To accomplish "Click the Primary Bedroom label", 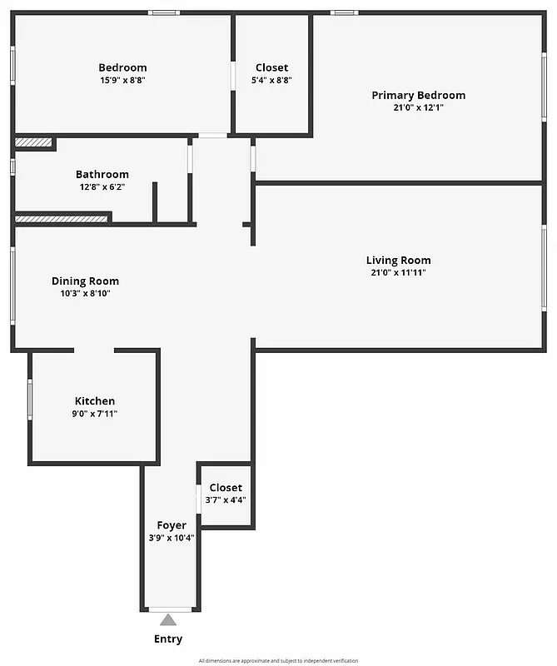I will pos(418,95).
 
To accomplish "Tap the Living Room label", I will pos(398,261).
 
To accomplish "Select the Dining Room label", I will pos(85,281).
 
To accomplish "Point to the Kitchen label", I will pos(95,401).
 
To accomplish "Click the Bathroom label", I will pos(102,175).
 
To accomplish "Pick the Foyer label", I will pos(172,525).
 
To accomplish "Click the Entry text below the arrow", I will pos(168,639).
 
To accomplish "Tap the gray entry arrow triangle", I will pos(168,619).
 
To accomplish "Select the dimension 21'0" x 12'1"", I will pos(418,107).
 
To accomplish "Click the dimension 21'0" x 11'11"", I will pos(398,273).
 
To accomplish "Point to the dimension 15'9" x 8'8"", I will pos(122,81).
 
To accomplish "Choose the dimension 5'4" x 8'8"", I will pos(271,81).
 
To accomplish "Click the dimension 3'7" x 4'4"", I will pos(226,500).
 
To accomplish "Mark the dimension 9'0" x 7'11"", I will pos(95,414).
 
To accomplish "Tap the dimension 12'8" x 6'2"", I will pos(102,187).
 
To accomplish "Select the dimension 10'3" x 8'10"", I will pos(85,294).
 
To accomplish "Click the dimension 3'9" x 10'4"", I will pos(172,538).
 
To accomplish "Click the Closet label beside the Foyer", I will pos(226,488).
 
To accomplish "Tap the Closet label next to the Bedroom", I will pos(271,68).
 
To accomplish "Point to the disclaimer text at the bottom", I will pos(278,660).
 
